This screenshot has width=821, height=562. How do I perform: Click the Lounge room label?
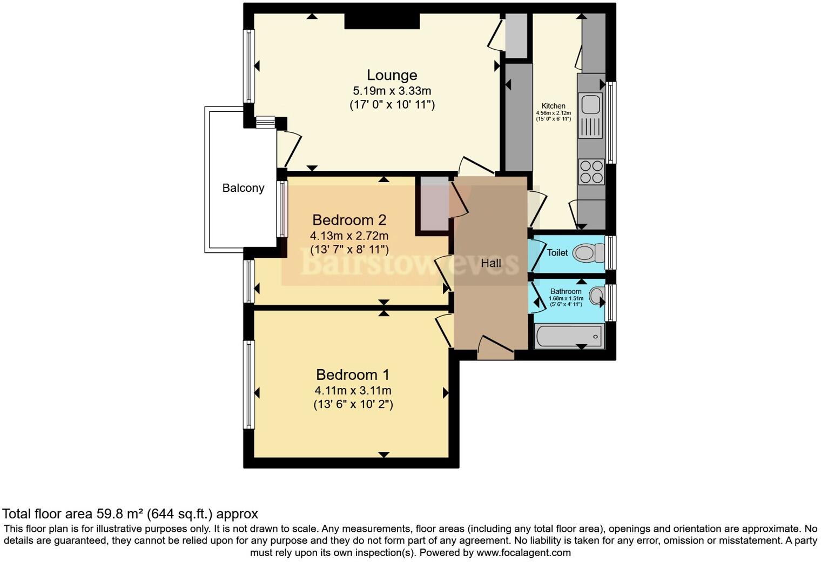[392, 75]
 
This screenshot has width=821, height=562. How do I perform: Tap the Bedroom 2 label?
[349, 220]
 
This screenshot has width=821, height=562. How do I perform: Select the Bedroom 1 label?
[353, 374]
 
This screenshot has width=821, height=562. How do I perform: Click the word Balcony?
[243, 188]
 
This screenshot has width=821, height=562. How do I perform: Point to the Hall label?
[491, 263]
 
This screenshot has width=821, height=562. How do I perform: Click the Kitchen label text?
[553, 106]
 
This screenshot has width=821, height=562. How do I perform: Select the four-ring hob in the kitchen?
[590, 172]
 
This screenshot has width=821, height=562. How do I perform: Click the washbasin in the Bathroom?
[596, 296]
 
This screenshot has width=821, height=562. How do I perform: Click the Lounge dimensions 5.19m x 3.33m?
[392, 91]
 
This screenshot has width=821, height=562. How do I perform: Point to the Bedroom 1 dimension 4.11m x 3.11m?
[353, 390]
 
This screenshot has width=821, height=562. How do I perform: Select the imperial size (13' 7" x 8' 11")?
[349, 250]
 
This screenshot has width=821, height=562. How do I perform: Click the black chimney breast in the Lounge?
[382, 21]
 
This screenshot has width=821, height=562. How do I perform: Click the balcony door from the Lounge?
[288, 149]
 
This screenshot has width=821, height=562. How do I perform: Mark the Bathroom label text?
[566, 291]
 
